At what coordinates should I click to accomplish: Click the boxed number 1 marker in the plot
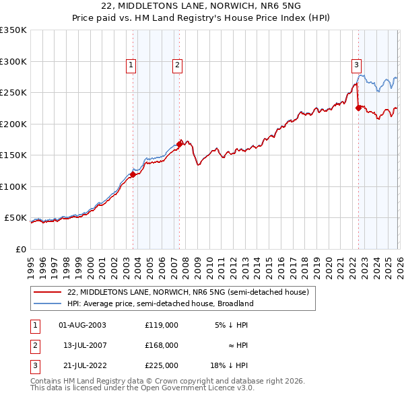[x=131, y=65]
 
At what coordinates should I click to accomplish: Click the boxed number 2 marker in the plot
[x=176, y=65]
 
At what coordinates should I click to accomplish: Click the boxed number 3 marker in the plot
[x=356, y=65]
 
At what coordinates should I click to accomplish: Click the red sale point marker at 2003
[x=133, y=174]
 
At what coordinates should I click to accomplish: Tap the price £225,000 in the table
[x=162, y=365]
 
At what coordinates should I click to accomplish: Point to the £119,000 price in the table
[x=162, y=324]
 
